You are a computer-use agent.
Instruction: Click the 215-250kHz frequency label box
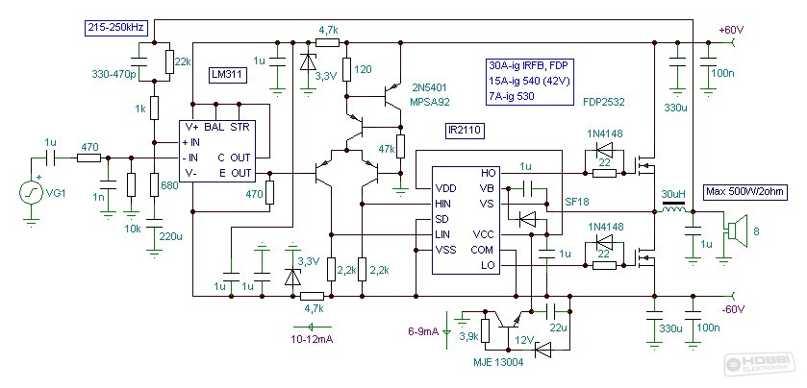click(116, 28)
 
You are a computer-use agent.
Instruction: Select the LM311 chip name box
click(229, 76)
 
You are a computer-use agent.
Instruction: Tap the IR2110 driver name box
click(467, 132)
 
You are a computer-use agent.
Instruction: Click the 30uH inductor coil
click(673, 210)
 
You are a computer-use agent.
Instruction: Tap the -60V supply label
click(733, 309)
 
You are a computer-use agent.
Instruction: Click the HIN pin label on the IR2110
click(442, 204)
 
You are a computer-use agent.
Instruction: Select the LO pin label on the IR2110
click(487, 265)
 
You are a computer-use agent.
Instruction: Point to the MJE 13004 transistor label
click(497, 363)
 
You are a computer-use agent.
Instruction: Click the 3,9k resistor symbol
click(485, 330)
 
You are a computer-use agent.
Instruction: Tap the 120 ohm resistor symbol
click(347, 69)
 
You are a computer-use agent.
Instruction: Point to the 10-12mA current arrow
click(313, 326)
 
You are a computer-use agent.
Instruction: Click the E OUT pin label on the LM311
click(235, 173)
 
